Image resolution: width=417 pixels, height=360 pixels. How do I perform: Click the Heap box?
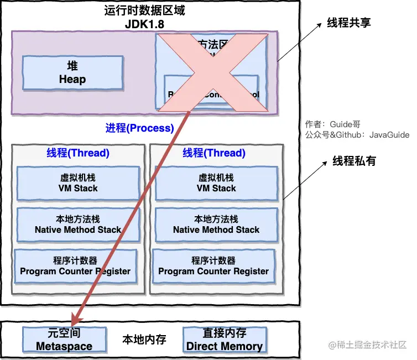click(x=72, y=72)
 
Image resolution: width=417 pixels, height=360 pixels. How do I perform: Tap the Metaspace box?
click(x=64, y=340)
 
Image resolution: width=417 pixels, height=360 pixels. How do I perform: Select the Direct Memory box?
click(x=225, y=340)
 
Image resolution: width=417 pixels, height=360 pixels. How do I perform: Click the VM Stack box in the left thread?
click(x=78, y=183)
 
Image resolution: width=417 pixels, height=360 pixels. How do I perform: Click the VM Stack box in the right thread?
click(x=216, y=183)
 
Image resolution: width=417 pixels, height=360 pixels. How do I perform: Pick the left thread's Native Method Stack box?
click(x=78, y=225)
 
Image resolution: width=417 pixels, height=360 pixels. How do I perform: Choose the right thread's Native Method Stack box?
click(x=216, y=225)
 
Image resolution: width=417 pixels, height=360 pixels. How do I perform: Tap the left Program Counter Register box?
click(x=75, y=266)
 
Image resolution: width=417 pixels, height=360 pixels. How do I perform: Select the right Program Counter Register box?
click(x=213, y=266)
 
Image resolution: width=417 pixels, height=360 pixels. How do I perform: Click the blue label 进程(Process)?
click(x=139, y=128)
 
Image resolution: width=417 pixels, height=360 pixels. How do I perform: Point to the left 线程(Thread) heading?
click(x=78, y=153)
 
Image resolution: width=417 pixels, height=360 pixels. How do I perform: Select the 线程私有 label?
click(x=355, y=161)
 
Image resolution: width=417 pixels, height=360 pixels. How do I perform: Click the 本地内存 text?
click(x=144, y=340)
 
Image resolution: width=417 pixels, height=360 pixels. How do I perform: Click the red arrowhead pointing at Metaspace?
click(x=75, y=319)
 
